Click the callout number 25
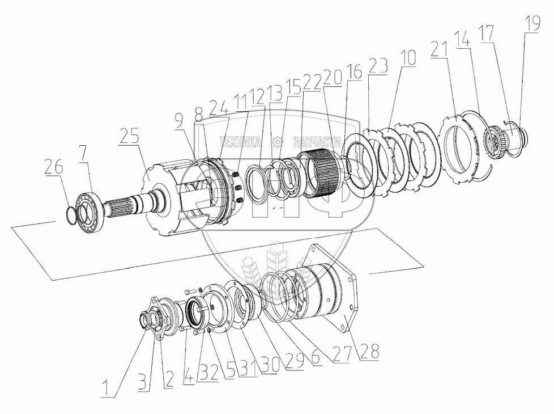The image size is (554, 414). tap(129, 135)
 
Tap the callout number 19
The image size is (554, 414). tap(532, 23)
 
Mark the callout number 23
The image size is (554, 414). tap(378, 66)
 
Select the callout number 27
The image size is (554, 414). tap(342, 354)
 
